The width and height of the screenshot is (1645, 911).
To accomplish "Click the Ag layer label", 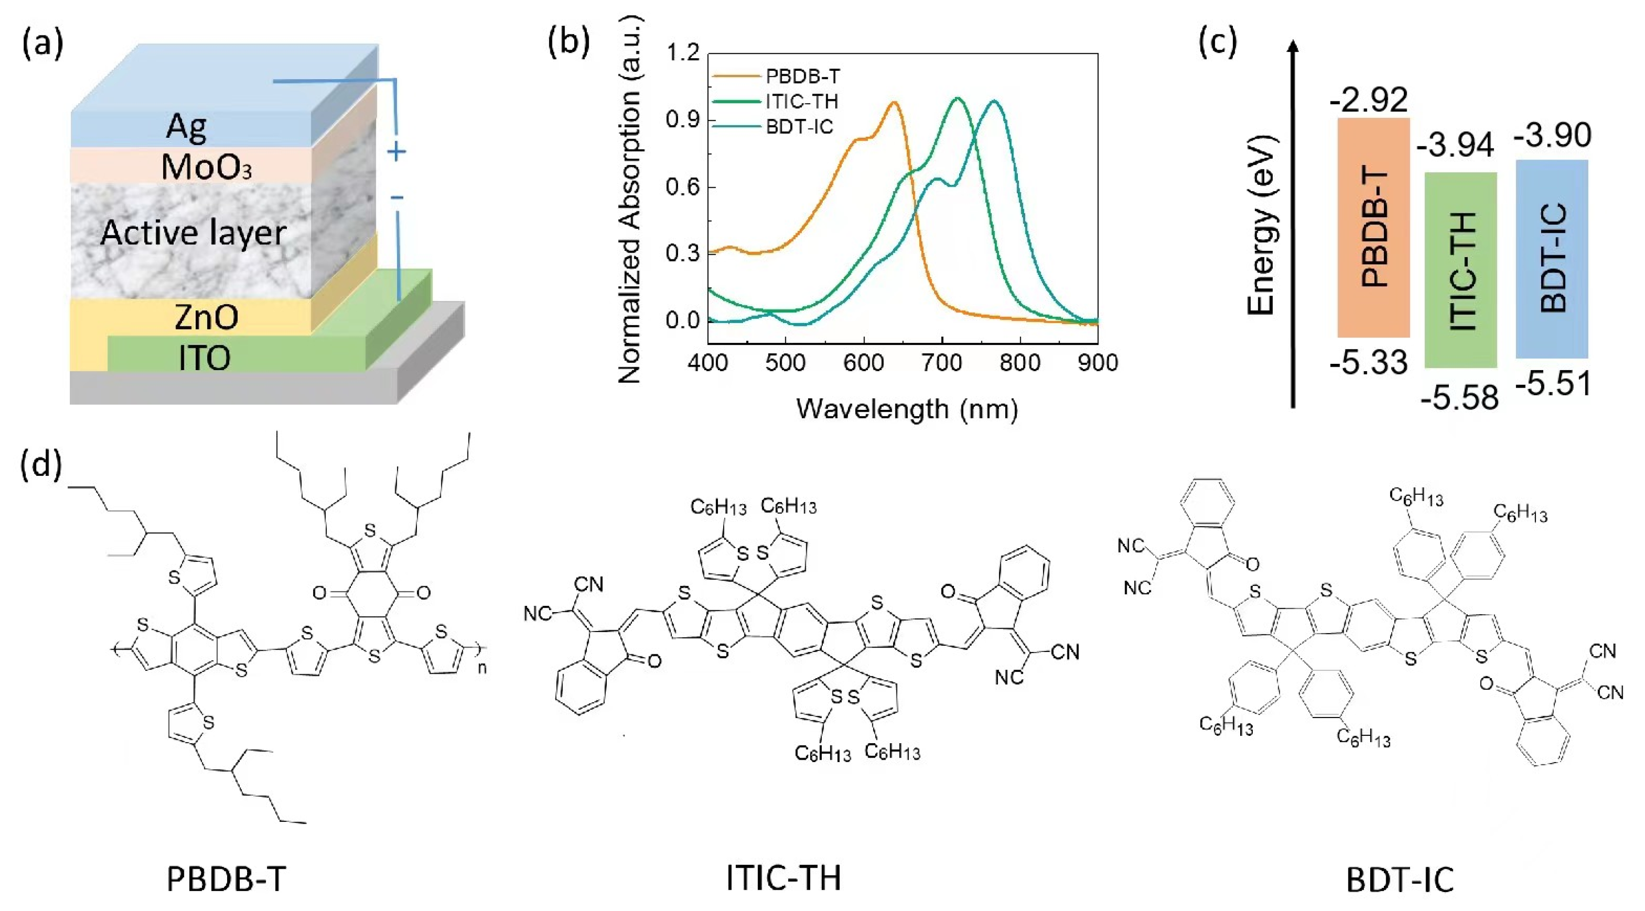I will click(x=186, y=127).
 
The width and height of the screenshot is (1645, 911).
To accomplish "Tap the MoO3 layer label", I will click(x=206, y=168).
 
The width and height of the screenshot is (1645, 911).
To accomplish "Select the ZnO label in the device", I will click(x=206, y=317).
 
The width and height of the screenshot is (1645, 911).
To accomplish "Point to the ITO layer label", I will click(x=204, y=358).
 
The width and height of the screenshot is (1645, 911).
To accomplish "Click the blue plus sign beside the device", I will click(x=397, y=152).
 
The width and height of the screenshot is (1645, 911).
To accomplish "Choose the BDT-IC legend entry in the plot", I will click(x=799, y=127).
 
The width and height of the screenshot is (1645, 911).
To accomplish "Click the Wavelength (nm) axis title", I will click(x=907, y=408).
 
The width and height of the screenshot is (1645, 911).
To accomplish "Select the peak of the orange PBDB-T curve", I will click(x=893, y=103).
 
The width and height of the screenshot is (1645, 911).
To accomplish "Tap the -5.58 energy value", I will click(x=1459, y=398).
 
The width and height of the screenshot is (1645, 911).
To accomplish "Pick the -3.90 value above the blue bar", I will click(x=1552, y=135).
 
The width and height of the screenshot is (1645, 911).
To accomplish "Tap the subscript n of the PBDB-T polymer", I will click(x=482, y=668).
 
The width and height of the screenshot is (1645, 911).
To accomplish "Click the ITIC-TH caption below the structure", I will click(x=783, y=878).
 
